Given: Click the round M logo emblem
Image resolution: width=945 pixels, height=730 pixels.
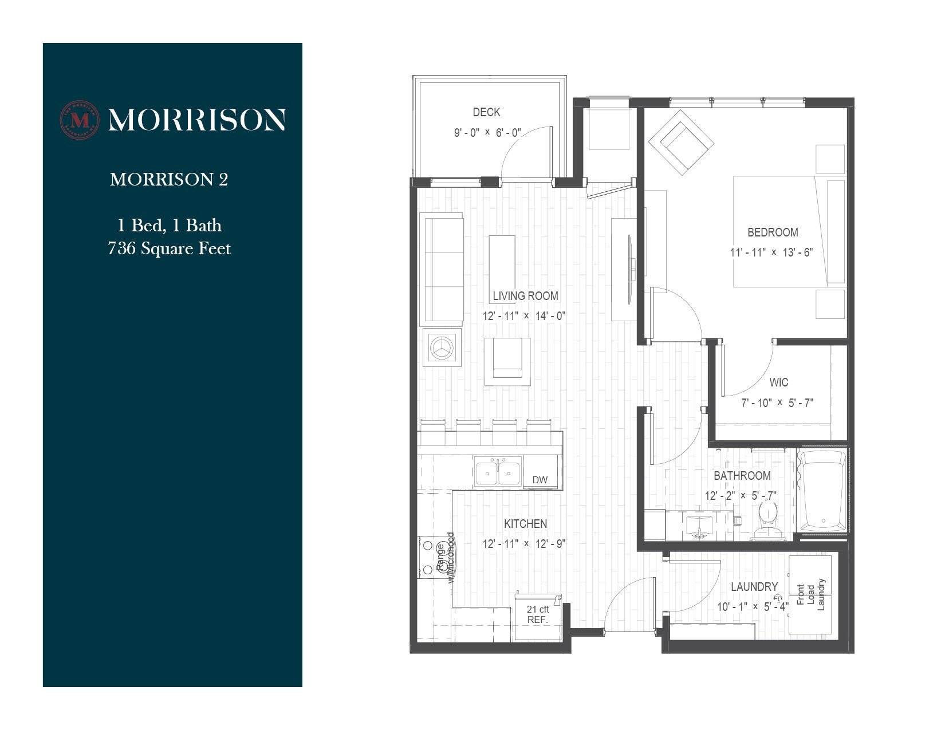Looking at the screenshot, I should coord(80,120).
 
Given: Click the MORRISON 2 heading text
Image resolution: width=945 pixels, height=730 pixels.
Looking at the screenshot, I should coord(169,180).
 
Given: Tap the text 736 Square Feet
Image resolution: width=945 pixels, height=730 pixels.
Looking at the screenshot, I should coord(170,248).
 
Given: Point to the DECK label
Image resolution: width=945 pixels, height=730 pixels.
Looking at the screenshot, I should coord(486,112).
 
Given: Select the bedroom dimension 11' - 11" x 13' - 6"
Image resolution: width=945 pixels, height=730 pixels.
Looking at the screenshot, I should coord(771,252).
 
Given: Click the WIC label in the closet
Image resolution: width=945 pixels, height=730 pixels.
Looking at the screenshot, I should coord(778,382).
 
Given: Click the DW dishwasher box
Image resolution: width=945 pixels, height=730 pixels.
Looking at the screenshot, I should coord(540,480).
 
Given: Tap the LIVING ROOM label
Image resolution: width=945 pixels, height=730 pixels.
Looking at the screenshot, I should coord(525,296).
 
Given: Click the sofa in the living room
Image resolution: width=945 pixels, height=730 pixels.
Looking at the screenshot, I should coord(442,269).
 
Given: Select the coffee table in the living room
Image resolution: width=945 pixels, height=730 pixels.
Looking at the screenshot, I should coord(502,266).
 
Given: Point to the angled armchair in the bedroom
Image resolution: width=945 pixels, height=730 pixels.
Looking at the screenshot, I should coord(681,142).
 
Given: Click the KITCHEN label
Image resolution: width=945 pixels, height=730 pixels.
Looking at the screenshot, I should coord(525,524).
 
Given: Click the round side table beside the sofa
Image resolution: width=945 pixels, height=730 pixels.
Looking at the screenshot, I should coord(442,348).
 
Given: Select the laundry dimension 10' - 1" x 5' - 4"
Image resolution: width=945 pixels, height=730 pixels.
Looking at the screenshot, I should coord(753,606).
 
